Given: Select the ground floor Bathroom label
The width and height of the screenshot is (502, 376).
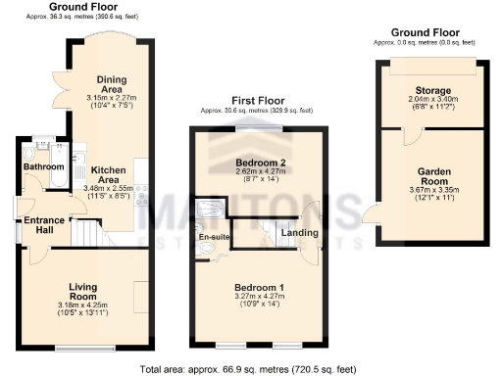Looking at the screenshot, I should pyautogui.click(x=44, y=167).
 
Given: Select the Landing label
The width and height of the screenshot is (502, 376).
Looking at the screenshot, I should pyautogui.click(x=297, y=232).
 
